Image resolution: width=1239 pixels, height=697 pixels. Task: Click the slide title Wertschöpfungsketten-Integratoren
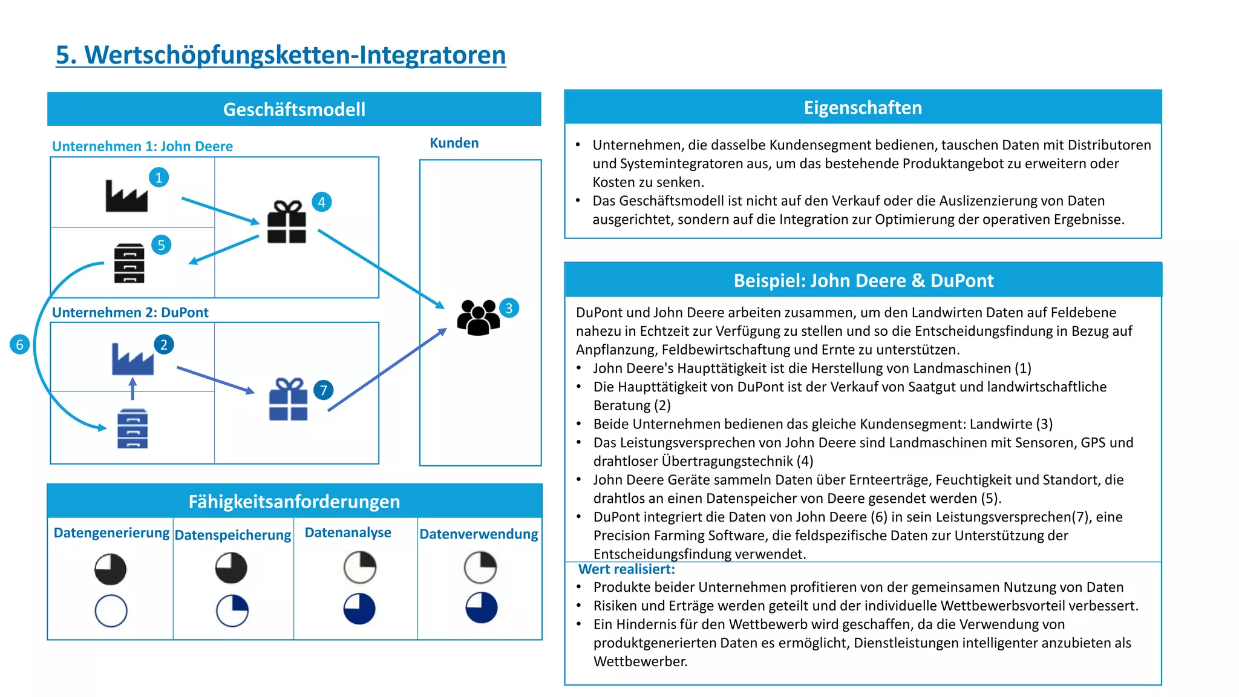pos(281,55)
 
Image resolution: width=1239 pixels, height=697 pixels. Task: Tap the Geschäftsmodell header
pos(294,110)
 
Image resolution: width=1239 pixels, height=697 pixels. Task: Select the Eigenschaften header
pos(863,108)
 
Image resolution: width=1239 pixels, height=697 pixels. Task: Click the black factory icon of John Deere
pos(126,196)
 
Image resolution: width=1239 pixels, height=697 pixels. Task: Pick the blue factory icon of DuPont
pos(132,359)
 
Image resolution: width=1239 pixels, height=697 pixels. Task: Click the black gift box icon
pos(287,222)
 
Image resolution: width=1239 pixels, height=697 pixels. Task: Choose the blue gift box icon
pos(289,399)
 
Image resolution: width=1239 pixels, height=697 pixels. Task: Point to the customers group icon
pos(478,317)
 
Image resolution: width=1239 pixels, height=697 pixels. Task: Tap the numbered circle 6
pos(20,345)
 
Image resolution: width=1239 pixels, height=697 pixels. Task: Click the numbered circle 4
pos(322,202)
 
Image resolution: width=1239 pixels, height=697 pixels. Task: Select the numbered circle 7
pos(324,390)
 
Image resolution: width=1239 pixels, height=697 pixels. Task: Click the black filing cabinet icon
pos(129,263)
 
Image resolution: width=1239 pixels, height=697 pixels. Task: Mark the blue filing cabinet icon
pos(132,428)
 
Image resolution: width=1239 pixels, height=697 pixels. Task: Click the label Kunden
pos(454,143)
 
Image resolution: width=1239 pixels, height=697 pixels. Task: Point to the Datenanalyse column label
pos(348,532)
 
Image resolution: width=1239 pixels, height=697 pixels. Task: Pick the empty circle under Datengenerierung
pos(111,610)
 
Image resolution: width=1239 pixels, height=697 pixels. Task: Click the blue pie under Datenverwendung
pos(482,607)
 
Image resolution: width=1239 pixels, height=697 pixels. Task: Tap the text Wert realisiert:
pos(626,569)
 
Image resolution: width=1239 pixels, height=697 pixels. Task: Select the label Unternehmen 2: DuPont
pos(130,313)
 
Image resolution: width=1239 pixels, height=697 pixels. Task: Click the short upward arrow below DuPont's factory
pos(133,388)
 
